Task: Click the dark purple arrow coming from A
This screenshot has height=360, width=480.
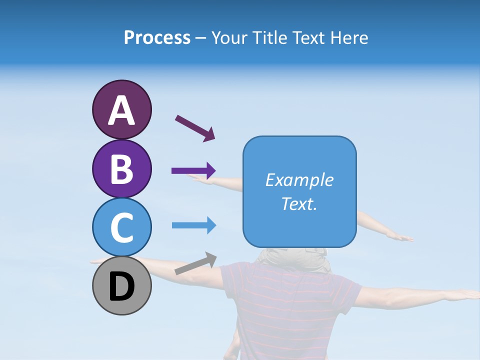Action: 195,127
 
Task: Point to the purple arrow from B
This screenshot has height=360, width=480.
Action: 193,170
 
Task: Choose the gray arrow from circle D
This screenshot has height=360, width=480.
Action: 195,263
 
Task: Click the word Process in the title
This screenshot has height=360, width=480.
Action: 157,38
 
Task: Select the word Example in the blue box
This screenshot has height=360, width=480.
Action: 299,180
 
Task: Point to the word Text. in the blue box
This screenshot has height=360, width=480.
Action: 299,204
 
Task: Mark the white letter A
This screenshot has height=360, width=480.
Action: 121,110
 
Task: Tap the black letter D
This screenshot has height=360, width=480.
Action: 121,287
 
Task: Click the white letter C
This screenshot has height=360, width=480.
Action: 121,228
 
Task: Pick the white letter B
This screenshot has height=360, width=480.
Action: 121,169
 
